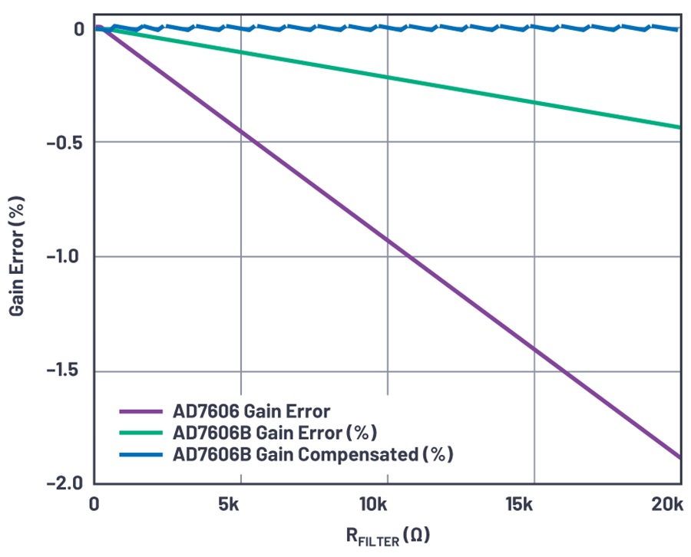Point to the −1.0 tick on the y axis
coord(66,257)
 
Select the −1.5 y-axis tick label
coord(66,372)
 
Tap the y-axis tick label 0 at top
coord(78,29)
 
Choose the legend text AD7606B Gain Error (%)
coord(276,432)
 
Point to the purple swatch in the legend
coord(142,410)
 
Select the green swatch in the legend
coord(142,433)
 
